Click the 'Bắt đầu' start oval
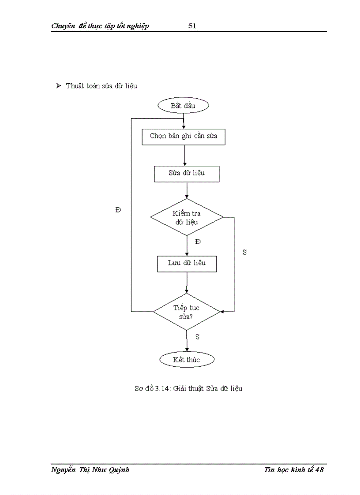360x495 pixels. (x=183, y=106)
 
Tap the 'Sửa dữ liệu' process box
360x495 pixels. (x=187, y=173)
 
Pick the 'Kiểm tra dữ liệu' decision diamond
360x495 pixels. (x=187, y=217)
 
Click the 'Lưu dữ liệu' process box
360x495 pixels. (x=187, y=264)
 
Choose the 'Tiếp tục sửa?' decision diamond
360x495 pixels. (x=186, y=312)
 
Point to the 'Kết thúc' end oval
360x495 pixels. (x=187, y=360)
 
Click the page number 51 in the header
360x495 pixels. (x=192, y=26)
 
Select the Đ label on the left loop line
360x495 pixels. (x=118, y=210)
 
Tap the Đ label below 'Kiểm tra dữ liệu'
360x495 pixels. (x=198, y=242)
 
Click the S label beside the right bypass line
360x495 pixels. (x=244, y=252)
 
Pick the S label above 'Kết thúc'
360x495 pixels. (x=197, y=337)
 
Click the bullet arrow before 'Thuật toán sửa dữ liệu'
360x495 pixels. (x=58, y=86)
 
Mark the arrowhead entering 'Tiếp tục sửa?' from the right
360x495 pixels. (x=222, y=312)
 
